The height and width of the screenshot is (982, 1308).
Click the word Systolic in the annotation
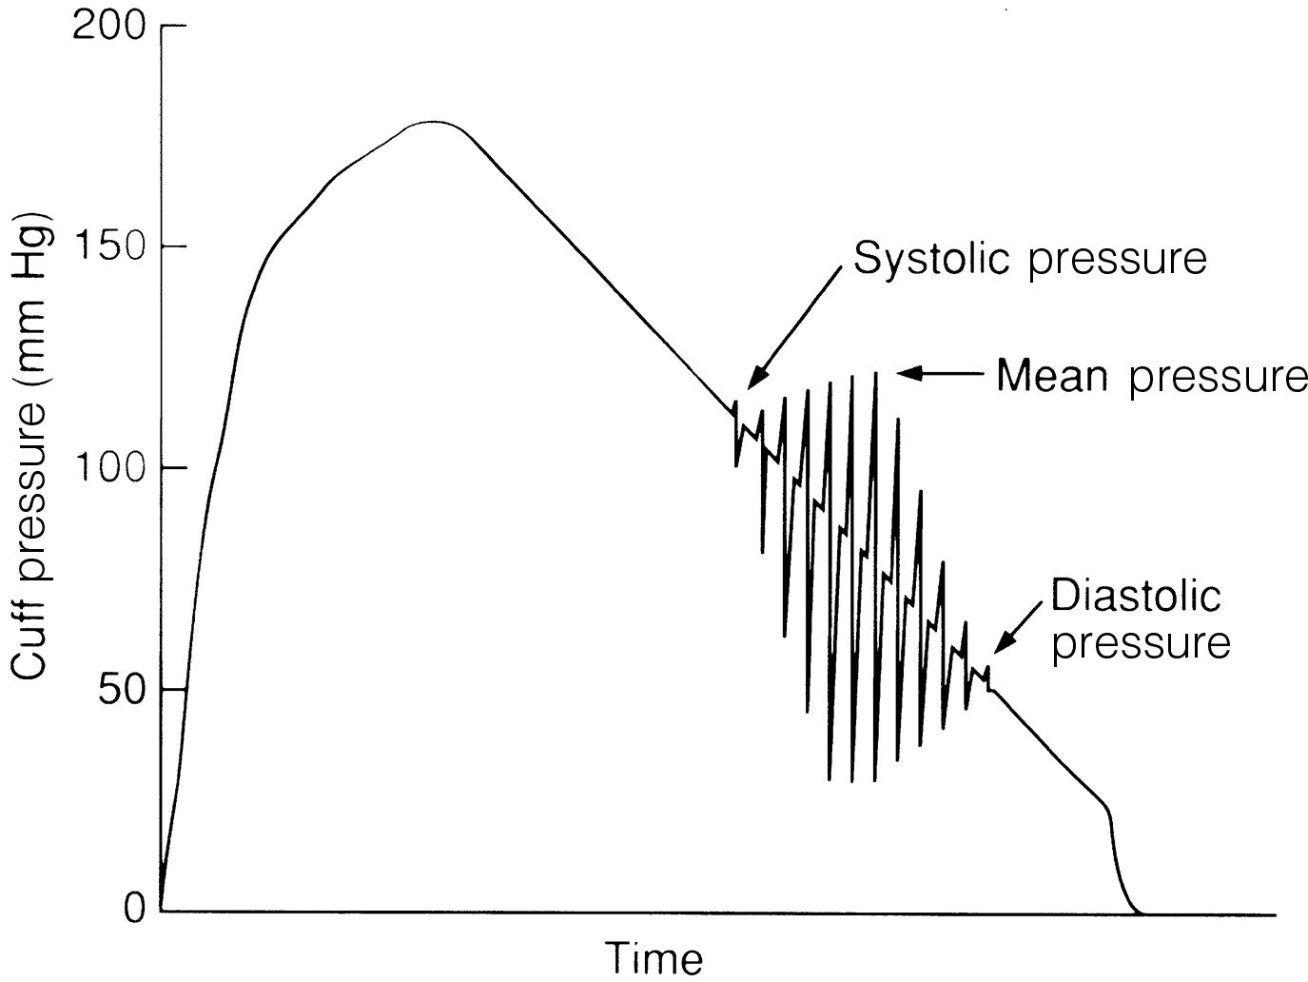(x=933, y=258)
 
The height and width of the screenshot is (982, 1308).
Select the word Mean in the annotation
(x=1052, y=376)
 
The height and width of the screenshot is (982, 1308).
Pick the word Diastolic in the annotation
(x=1136, y=597)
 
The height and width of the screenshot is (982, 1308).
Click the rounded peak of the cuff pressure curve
(x=434, y=123)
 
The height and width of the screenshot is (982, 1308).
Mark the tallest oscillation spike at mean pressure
(x=875, y=375)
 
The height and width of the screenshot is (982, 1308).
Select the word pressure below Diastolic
(x=1142, y=643)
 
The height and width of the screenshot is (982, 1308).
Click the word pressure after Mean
(x=1219, y=378)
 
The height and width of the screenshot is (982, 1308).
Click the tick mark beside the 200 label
(x=172, y=26)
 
